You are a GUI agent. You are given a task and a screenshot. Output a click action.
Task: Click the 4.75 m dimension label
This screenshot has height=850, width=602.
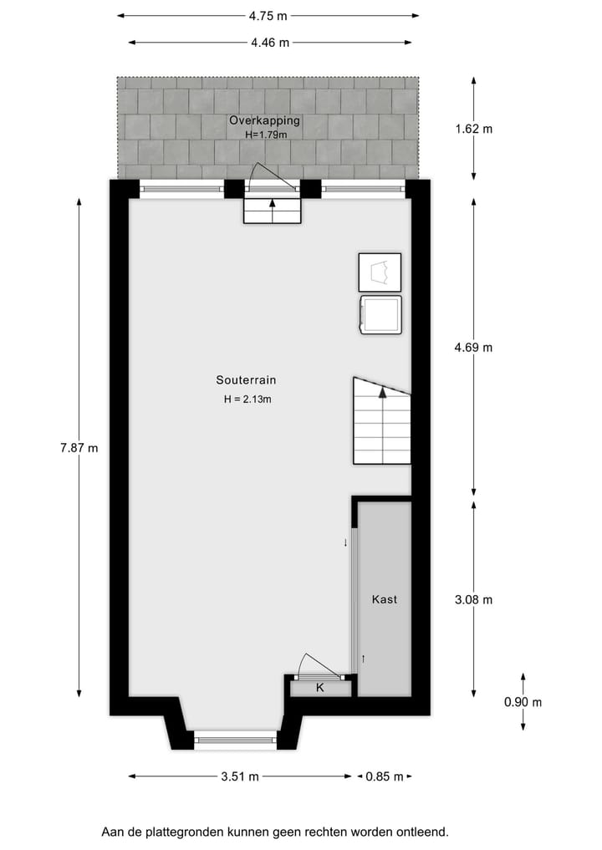click(x=268, y=15)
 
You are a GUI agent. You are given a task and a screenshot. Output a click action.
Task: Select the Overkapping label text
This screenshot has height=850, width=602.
click(x=264, y=121)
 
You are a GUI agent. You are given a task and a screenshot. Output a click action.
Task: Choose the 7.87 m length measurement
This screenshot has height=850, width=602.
click(x=79, y=448)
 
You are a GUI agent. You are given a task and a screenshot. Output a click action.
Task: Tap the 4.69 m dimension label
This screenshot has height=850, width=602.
click(x=475, y=348)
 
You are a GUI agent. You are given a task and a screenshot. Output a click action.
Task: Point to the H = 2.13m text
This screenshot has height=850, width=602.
click(x=247, y=400)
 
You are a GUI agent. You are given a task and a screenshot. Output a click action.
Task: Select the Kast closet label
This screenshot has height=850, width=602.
click(x=385, y=599)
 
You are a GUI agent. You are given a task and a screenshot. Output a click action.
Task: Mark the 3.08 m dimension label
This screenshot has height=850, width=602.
click(x=475, y=599)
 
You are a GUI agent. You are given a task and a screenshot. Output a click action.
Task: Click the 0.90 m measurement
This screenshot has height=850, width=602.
click(x=523, y=702)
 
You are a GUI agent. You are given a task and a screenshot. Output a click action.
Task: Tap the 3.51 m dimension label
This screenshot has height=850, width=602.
click(x=240, y=776)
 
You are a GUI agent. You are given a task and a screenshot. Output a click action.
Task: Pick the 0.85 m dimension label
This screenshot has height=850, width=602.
click(x=385, y=776)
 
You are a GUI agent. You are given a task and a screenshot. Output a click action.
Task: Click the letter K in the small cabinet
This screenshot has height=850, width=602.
click(x=319, y=688)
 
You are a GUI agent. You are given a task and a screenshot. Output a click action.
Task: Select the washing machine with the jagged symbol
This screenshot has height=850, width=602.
click(x=380, y=272)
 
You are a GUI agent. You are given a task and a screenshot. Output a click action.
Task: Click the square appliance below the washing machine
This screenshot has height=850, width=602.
click(x=380, y=315)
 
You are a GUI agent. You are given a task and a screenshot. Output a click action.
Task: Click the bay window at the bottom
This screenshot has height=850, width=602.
click(x=235, y=737)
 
